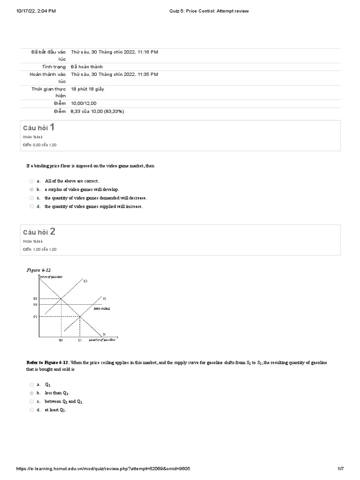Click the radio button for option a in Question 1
(31, 181)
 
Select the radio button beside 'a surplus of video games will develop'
(31, 189)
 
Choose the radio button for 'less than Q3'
(31, 393)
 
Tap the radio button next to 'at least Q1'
(31, 410)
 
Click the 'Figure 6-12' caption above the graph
(38, 270)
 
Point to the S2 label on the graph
(85, 281)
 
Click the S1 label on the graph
(104, 299)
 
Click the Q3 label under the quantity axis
(60, 340)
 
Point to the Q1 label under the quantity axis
(80, 340)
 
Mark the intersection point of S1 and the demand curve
(80, 317)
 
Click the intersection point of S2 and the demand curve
(61, 299)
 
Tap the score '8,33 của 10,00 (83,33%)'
(97, 112)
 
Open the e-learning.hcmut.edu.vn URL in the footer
(103, 469)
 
